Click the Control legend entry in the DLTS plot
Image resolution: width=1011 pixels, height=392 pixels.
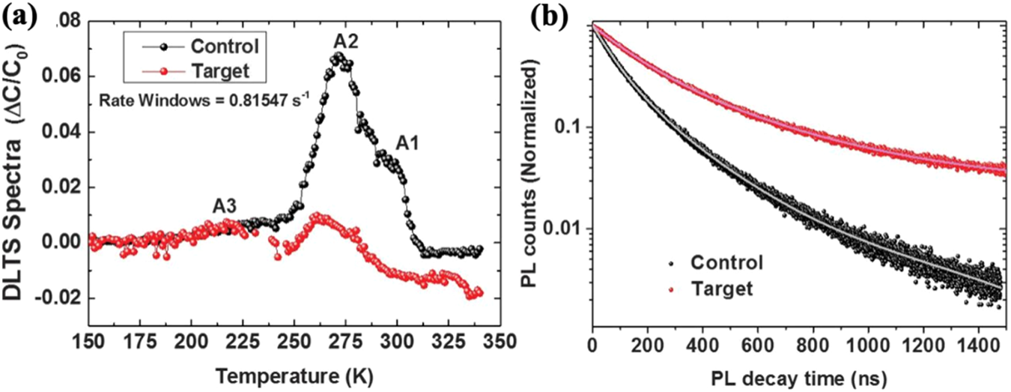tap(225, 46)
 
